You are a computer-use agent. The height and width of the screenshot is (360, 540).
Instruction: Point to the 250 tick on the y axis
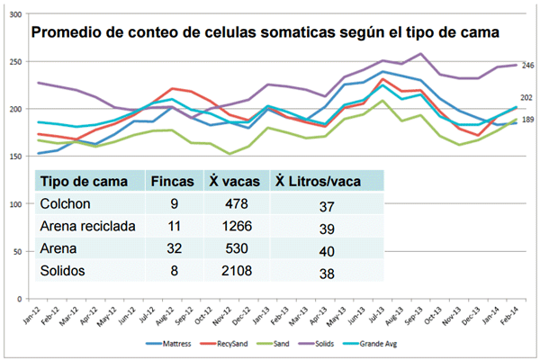tap(17, 62)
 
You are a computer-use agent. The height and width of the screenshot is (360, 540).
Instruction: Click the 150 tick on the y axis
tap(17, 157)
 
